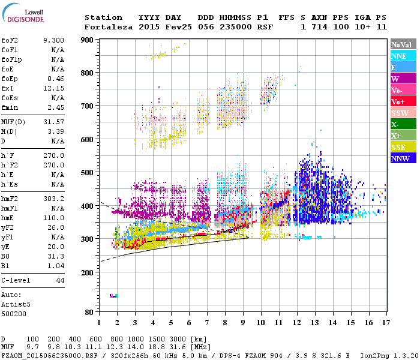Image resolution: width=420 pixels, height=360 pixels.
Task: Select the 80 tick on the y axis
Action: [89, 312]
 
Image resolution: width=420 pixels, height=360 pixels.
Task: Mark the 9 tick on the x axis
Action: [243, 323]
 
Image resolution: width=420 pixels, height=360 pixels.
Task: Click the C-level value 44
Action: [60, 280]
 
